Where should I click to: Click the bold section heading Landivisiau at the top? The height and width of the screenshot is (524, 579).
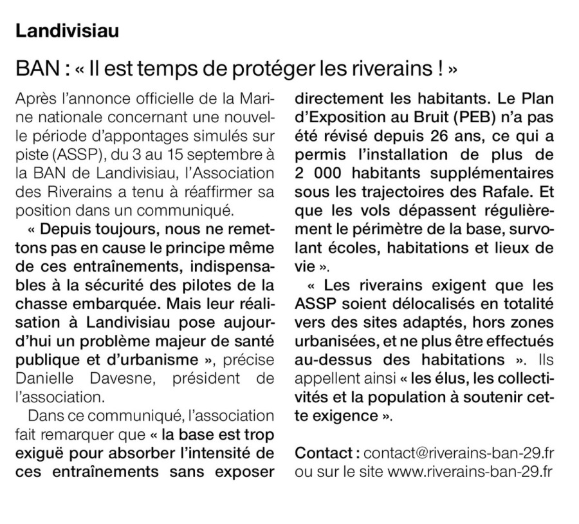(x=68, y=31)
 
